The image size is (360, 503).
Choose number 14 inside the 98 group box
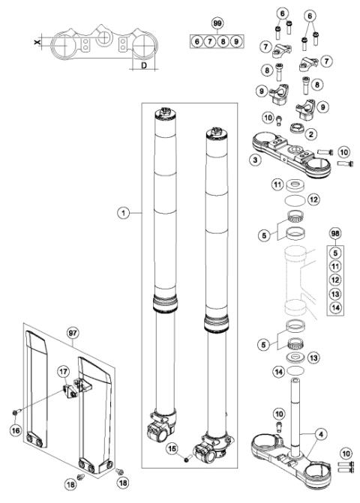335,307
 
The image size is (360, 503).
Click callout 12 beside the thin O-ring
314,199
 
